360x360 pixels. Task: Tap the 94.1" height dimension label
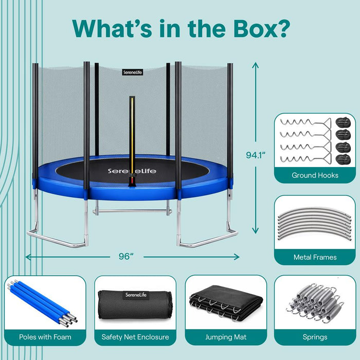point(256,155)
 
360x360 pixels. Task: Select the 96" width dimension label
point(127,256)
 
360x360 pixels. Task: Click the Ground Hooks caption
point(315,175)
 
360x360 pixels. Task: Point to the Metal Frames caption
point(315,257)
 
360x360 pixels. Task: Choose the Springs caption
point(315,337)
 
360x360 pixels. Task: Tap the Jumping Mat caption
point(226,337)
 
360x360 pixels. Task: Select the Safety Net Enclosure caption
point(135,337)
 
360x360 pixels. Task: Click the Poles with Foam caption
point(45,337)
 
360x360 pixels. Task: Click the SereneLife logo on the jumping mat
point(132,171)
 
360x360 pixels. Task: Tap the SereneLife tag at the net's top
point(133,73)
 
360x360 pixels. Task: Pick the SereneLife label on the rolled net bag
point(136,295)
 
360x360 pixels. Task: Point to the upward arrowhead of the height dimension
point(255,65)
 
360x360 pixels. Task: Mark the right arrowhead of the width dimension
point(237,257)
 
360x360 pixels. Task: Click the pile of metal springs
point(315,303)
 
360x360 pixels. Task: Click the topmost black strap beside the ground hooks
point(343,122)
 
